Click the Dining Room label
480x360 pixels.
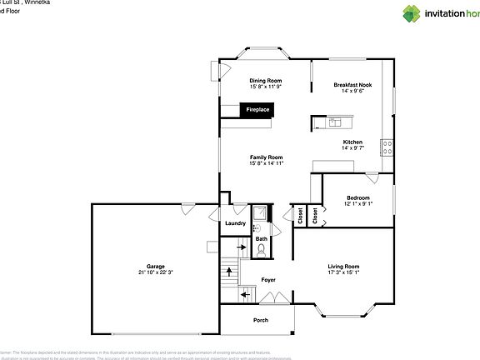[266, 81]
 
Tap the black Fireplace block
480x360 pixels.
[257, 109]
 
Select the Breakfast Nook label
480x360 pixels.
[353, 85]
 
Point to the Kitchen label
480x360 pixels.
[353, 142]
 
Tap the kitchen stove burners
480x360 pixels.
[387, 147]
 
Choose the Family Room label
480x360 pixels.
[267, 157]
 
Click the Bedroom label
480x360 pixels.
[359, 197]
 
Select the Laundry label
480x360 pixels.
[235, 222]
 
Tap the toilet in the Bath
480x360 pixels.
[262, 225]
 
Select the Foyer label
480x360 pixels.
[268, 280]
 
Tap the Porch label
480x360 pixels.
[261, 321]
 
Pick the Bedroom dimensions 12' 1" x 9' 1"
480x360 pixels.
[359, 204]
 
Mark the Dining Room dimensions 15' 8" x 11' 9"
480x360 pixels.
[266, 87]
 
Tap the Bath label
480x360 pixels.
[262, 239]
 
